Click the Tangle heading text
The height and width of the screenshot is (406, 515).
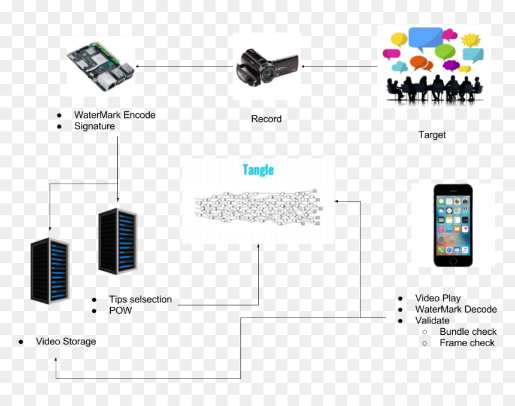click(x=258, y=170)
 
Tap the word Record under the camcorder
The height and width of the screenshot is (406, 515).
click(x=266, y=119)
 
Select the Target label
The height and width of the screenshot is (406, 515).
click(x=432, y=135)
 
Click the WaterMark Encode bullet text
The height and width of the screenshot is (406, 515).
click(x=114, y=115)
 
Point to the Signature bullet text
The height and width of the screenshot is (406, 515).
click(x=95, y=126)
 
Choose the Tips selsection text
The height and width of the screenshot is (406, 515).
click(x=141, y=299)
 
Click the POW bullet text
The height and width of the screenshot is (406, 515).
click(x=120, y=310)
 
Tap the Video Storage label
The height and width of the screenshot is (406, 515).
click(x=66, y=341)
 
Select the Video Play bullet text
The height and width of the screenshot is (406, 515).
click(x=438, y=298)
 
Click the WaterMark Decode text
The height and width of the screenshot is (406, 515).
click(x=456, y=309)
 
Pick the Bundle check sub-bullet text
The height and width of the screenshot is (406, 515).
click(x=468, y=331)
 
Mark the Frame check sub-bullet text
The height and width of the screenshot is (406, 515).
click(x=467, y=343)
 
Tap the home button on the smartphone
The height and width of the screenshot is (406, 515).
click(x=453, y=261)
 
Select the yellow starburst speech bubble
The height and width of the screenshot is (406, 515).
click(x=471, y=40)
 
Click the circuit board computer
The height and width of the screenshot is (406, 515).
click(x=101, y=66)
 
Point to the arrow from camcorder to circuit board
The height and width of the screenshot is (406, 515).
click(x=184, y=66)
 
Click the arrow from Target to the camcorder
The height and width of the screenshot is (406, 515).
click(x=340, y=66)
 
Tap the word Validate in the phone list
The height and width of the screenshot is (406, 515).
click(x=432, y=320)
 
